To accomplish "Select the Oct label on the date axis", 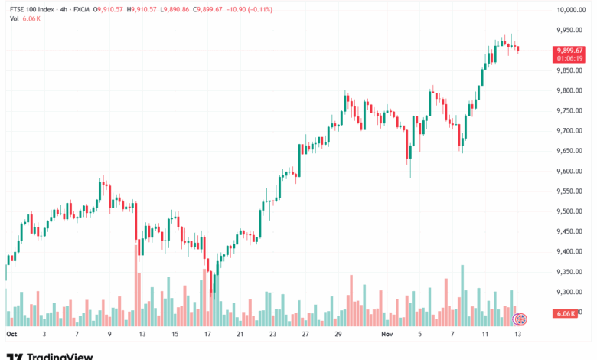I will [x=11, y=335].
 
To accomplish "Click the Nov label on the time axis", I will [x=387, y=335].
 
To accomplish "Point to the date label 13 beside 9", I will [x=143, y=335].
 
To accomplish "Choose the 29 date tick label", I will [x=338, y=335].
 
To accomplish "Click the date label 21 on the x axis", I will [x=240, y=335].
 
